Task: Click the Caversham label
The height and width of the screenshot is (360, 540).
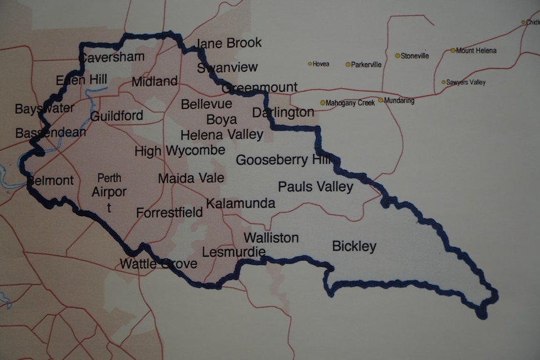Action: (x=112, y=57)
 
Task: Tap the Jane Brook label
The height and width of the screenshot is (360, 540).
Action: (x=229, y=43)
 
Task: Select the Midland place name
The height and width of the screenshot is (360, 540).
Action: (x=155, y=81)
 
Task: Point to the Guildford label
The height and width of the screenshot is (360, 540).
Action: (x=117, y=116)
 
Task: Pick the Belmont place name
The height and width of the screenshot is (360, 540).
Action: (x=50, y=181)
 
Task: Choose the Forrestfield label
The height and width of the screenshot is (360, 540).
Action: (x=169, y=213)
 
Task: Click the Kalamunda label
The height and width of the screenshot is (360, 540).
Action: (x=241, y=203)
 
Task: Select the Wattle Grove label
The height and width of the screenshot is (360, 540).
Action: (x=158, y=264)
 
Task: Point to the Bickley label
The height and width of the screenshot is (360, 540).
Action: (x=354, y=246)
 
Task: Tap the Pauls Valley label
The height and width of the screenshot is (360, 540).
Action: (x=316, y=187)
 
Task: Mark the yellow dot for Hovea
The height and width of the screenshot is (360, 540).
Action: (x=309, y=64)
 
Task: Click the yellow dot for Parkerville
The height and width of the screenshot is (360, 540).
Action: (x=348, y=64)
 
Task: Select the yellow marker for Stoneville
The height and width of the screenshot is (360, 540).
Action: (x=397, y=56)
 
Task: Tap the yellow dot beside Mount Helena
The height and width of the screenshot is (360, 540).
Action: (x=453, y=51)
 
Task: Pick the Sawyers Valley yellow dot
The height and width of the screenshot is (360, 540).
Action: (x=444, y=82)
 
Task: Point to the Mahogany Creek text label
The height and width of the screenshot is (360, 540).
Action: (x=350, y=103)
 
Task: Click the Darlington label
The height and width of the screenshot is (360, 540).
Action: (x=283, y=113)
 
